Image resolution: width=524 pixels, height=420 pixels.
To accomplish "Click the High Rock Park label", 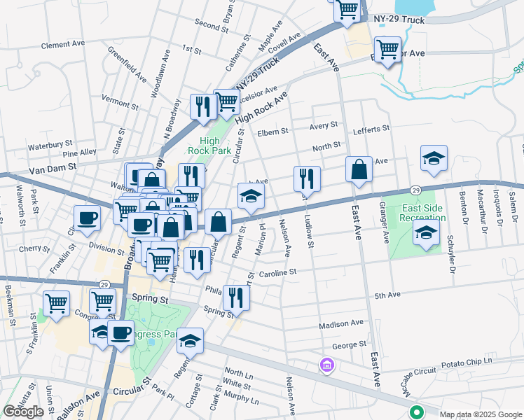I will click(x=205, y=145).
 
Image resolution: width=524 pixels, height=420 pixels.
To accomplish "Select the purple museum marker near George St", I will click(x=326, y=365).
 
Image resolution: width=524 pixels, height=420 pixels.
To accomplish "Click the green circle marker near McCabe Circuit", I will click(x=417, y=412).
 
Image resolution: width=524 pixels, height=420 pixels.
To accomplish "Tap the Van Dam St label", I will click(x=53, y=169).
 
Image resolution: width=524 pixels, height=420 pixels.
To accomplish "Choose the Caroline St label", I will click(x=278, y=272).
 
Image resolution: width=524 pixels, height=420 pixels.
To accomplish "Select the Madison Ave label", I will click(x=341, y=324).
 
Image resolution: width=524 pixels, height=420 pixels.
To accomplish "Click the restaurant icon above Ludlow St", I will click(x=306, y=179).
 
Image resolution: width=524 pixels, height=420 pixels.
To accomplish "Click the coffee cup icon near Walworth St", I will click(x=88, y=218).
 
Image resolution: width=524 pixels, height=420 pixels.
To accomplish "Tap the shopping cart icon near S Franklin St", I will click(x=56, y=303).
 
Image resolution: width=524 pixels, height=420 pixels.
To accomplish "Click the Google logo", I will click(x=24, y=412).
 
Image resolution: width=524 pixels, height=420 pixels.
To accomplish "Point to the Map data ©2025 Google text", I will click(x=480, y=414).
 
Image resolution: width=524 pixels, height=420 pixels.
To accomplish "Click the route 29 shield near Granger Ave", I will click(x=415, y=190).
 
